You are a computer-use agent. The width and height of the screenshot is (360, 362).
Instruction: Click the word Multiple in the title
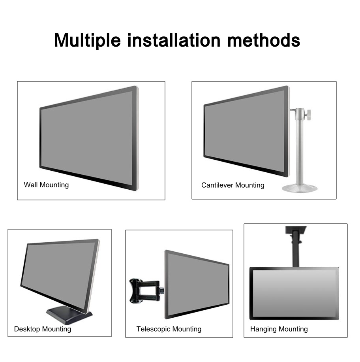[87, 41]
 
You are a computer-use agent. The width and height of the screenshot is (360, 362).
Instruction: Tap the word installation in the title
[174, 40]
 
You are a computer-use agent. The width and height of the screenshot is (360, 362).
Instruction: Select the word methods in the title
[264, 40]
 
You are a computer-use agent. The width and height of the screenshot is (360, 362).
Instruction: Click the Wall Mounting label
[46, 185]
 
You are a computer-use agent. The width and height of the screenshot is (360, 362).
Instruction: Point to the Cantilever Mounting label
[232, 185]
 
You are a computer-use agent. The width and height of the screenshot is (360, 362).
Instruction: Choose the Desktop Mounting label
[43, 329]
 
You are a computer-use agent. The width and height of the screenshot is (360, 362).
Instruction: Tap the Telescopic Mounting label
[169, 329]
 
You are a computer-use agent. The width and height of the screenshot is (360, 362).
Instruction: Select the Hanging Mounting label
[279, 329]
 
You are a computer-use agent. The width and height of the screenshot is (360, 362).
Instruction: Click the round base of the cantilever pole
[300, 188]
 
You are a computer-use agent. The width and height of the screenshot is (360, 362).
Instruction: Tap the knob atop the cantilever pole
[307, 113]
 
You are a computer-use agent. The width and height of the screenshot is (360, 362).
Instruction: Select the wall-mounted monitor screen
[87, 139]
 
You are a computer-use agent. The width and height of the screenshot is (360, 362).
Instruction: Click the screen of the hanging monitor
[294, 293]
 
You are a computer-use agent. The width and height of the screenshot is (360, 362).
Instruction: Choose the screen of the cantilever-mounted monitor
[245, 131]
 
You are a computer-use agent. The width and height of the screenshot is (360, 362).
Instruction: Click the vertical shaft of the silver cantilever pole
[300, 150]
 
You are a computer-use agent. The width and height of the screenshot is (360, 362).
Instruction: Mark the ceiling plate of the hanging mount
[296, 230]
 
